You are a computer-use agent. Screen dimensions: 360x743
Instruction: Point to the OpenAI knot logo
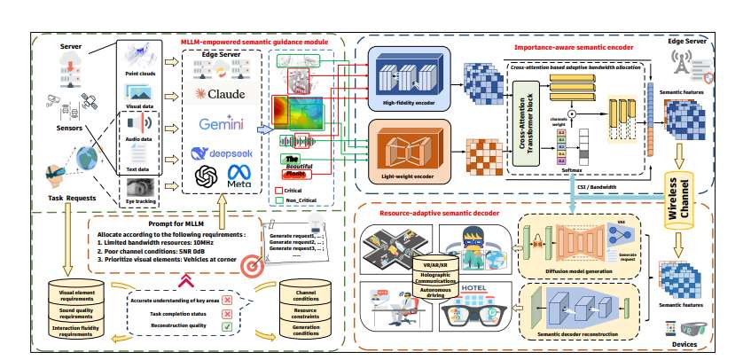coord(205,175)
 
